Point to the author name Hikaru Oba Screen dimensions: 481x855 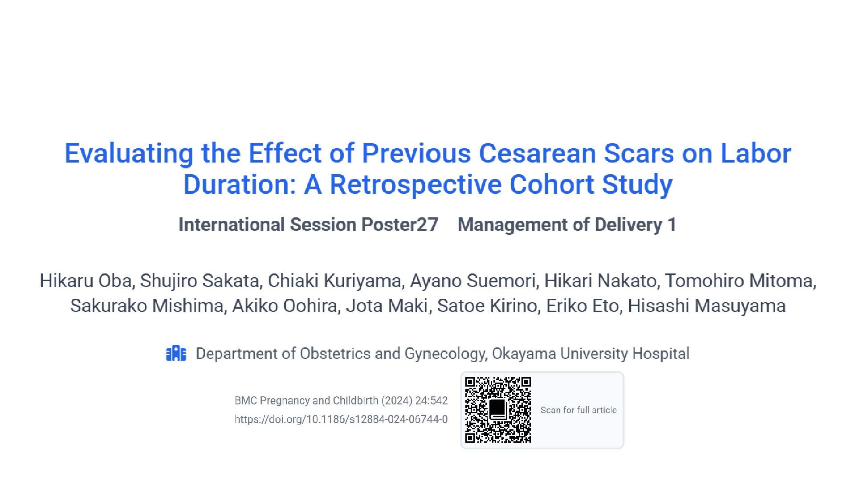click(86, 281)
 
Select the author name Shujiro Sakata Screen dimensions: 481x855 click(199, 281)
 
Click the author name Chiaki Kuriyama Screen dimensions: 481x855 click(334, 281)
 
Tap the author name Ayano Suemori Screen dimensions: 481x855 click(472, 281)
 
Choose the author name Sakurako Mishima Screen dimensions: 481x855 click(147, 306)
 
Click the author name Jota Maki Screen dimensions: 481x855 click(387, 306)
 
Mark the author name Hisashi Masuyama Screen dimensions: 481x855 click(706, 306)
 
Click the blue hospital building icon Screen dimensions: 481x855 click(176, 354)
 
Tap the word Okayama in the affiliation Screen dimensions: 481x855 click(524, 354)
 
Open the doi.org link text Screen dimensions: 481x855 click(341, 420)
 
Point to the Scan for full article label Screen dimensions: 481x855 click(578, 410)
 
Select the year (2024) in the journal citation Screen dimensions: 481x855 click(396, 401)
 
